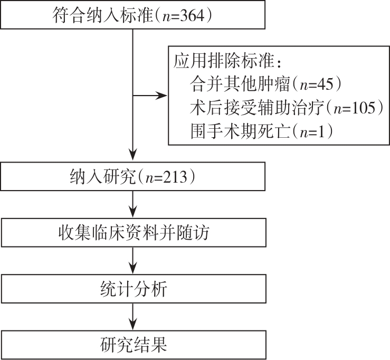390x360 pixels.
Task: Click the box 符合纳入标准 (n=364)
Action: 132,15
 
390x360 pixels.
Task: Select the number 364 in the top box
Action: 193,15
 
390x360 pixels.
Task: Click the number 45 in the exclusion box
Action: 327,84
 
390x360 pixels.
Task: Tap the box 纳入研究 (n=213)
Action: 132,176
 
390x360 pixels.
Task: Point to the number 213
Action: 176,177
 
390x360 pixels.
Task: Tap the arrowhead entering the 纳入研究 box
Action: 132,158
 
